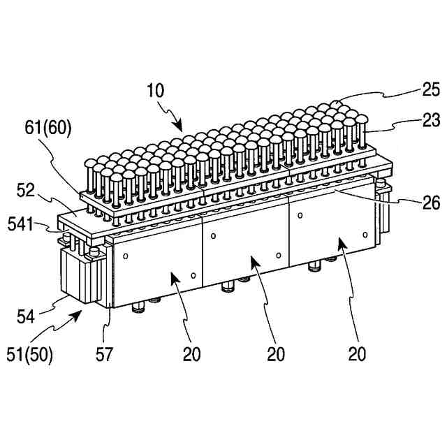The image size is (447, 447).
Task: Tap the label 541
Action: coord(21,225)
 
